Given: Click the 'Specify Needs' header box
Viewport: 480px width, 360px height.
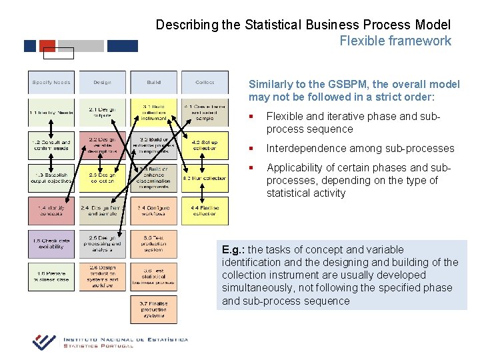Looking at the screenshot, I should [51, 82].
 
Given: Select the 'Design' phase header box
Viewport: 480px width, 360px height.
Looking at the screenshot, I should [103, 82].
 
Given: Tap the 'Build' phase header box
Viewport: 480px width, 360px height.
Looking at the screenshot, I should [154, 82].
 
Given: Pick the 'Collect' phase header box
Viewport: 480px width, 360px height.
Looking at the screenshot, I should [205, 82].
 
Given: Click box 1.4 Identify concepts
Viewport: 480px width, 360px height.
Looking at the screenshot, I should [51, 211].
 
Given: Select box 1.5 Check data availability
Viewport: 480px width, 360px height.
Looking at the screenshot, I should [51, 244].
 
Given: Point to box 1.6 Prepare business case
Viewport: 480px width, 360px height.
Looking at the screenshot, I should [51, 277].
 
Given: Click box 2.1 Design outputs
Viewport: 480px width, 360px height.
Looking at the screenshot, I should [103, 112].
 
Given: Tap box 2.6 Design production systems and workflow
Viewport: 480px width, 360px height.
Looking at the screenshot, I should [103, 277].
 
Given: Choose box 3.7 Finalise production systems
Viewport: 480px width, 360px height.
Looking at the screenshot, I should [154, 309].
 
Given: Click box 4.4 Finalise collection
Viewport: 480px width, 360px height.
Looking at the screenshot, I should [205, 211].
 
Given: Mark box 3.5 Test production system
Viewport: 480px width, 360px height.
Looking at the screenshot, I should [154, 244].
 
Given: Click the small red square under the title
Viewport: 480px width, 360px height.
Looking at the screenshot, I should [47, 46].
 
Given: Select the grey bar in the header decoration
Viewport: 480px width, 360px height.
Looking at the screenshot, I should [81, 46].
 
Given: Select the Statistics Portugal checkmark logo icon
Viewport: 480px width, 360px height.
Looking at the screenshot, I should [45, 341].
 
